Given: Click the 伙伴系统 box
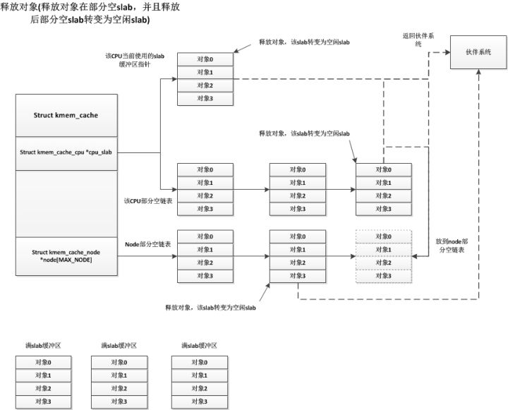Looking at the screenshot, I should pyautogui.click(x=478, y=52).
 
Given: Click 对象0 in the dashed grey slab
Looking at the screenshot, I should pyautogui.click(x=383, y=236).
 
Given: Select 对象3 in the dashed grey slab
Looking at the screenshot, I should pyautogui.click(x=383, y=275).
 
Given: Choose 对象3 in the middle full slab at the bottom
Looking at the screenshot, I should pyautogui.click(x=119, y=401).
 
